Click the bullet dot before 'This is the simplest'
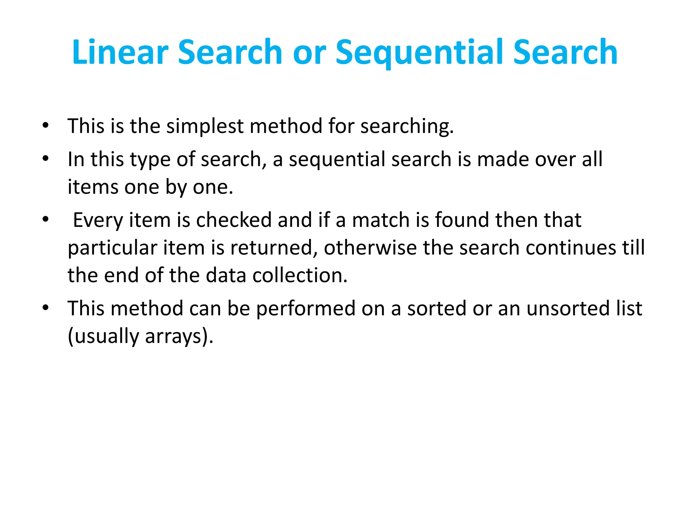45,126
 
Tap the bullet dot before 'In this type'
45,159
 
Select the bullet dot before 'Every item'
45,220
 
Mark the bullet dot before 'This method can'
45,308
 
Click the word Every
98,221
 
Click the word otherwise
370,248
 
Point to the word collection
300,275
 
